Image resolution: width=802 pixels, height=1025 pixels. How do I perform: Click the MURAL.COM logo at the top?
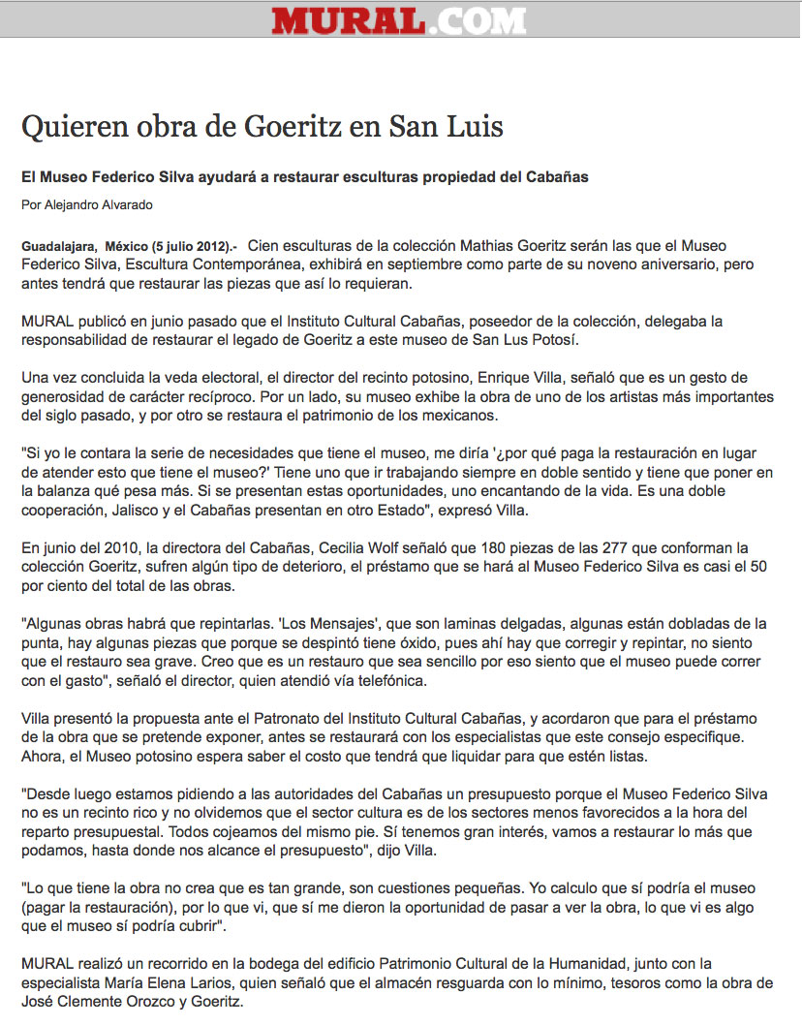(398, 20)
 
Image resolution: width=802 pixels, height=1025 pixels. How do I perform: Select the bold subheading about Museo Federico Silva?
(305, 177)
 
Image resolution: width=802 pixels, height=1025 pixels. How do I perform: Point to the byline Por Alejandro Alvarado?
(87, 204)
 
